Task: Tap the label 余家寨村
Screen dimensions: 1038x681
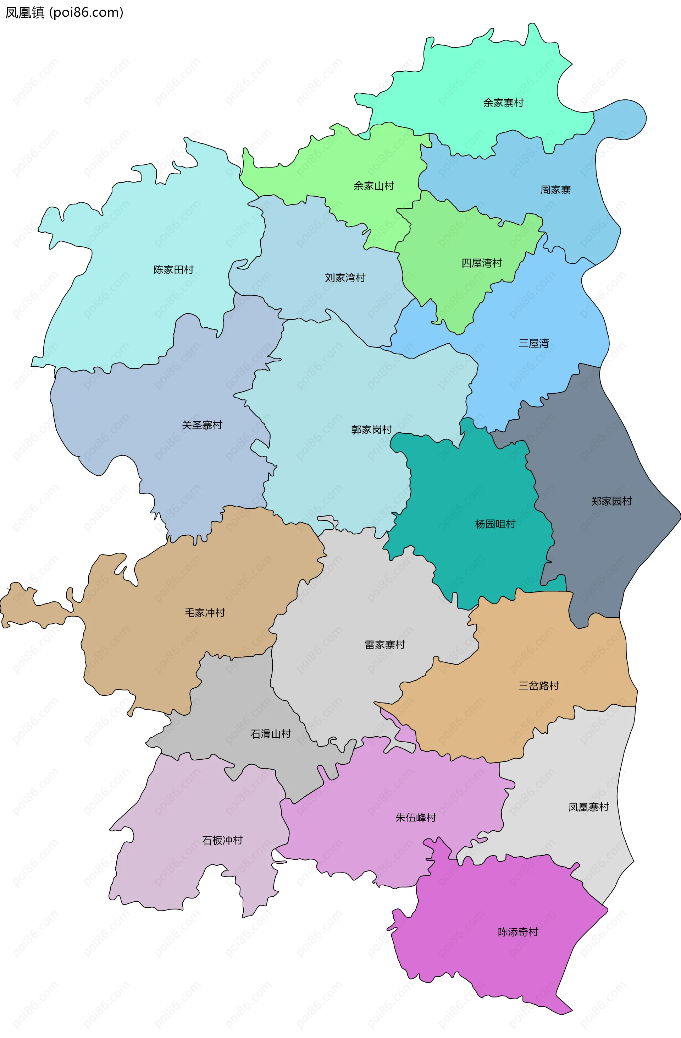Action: pos(503,103)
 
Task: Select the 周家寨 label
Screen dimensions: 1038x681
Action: pos(555,190)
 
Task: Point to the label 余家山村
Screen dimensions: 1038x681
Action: pos(373,186)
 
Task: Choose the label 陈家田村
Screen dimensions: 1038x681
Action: pos(173,269)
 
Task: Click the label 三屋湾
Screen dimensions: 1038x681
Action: pos(533,343)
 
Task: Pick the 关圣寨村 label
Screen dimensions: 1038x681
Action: pos(202,425)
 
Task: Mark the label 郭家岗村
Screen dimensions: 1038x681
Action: pos(371,430)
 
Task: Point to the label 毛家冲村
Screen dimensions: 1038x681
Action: pos(205,613)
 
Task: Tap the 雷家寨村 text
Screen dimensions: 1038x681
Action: pos(385,645)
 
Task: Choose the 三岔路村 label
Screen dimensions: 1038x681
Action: pos(538,685)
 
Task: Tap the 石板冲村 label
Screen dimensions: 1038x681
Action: pos(222,840)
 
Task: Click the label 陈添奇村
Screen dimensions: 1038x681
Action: pos(518,932)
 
